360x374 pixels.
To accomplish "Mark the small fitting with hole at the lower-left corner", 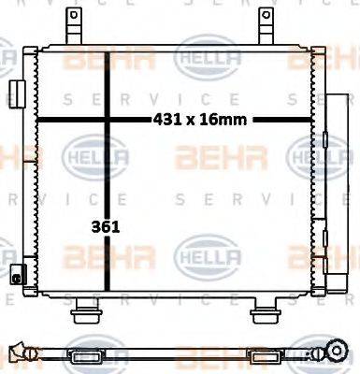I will (x=16, y=275).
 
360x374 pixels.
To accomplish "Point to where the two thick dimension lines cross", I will (x=108, y=119).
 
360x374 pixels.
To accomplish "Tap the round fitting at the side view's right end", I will (x=331, y=352).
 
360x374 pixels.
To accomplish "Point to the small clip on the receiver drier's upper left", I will (x=323, y=140).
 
